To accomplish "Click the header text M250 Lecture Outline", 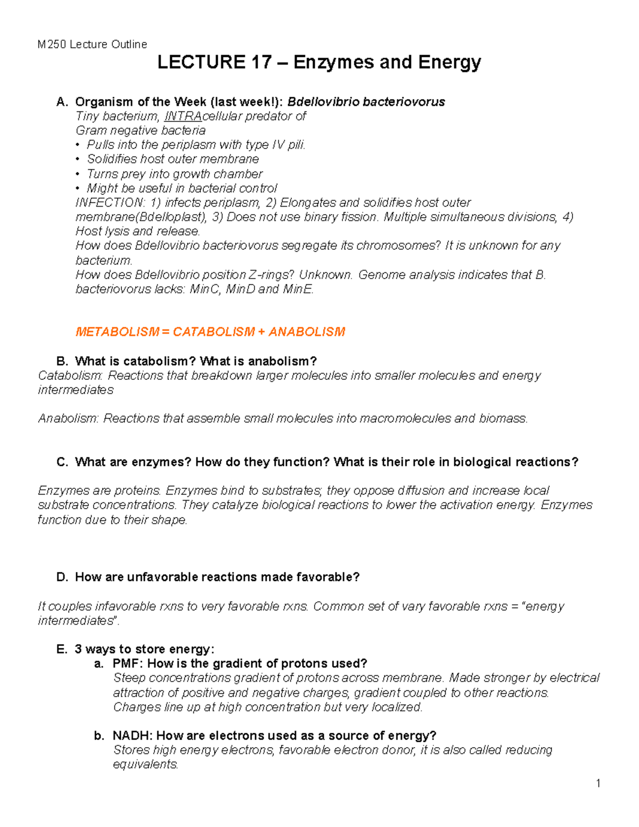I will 92,44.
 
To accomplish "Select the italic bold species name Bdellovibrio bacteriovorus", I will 366,102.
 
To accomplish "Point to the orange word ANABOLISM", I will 307,332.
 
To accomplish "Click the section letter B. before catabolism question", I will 62,361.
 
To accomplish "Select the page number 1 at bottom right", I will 598,783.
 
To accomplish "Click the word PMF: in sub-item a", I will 128,664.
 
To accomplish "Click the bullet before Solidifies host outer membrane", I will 78,159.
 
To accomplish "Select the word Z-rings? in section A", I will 272,275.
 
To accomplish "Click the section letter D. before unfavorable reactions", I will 62,577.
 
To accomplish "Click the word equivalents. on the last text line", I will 145,764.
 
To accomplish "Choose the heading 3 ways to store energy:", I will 144,649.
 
